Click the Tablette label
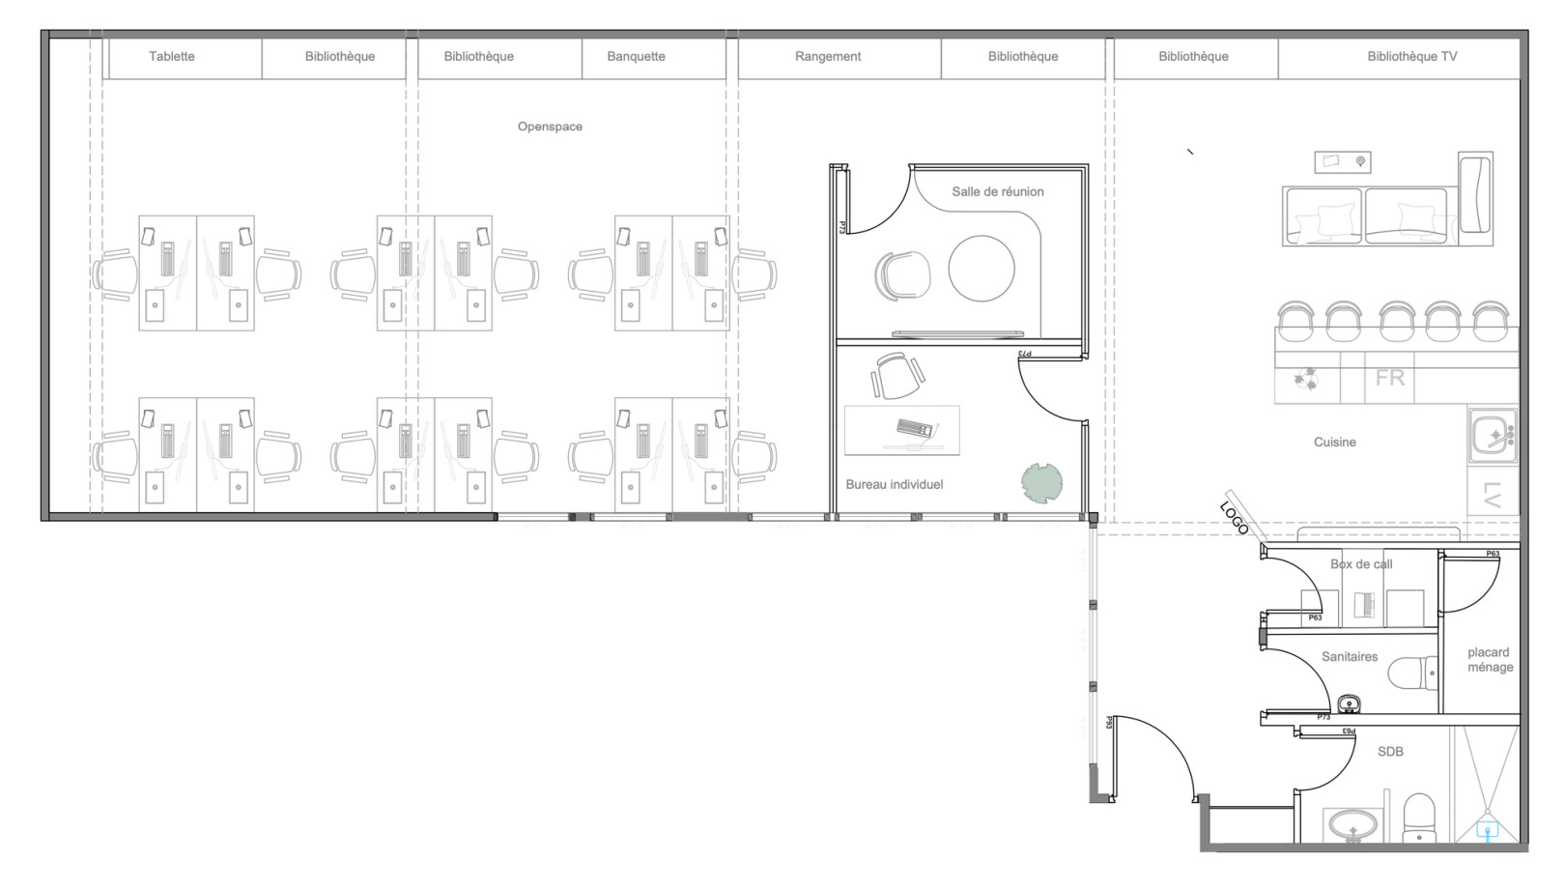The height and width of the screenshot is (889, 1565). click(171, 56)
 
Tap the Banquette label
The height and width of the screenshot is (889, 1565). click(636, 56)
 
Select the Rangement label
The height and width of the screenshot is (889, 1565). click(828, 56)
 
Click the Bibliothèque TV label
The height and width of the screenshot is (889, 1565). click(1411, 56)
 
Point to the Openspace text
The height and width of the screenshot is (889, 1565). click(550, 127)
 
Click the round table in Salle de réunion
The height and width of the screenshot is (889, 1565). click(982, 269)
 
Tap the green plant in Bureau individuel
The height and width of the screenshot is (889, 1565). click(1042, 482)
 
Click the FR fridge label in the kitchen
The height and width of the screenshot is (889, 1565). click(1390, 378)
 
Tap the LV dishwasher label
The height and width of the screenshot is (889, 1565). click(1492, 495)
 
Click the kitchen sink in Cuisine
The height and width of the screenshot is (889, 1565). click(1493, 436)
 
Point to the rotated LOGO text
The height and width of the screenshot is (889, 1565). click(1235, 518)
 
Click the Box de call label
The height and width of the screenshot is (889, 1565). click(1361, 564)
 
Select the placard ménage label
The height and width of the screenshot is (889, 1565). click(1490, 660)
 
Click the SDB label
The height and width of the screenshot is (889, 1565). click(1390, 752)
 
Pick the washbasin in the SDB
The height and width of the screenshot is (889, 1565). click(1353, 826)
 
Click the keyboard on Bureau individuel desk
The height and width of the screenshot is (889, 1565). click(914, 427)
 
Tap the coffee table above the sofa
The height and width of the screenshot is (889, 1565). click(1343, 161)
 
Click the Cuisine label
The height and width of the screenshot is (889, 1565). click(1334, 443)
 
